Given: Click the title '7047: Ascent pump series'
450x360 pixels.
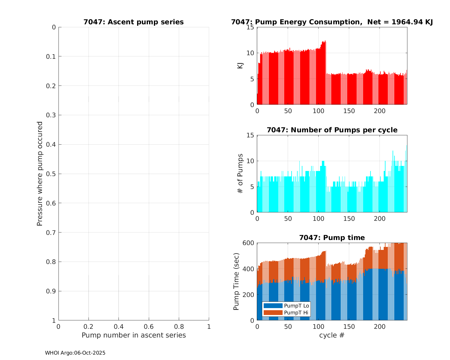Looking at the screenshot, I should click(133, 22).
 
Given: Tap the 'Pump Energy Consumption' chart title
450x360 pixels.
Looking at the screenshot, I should click(332, 22).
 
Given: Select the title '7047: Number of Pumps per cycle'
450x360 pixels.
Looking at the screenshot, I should click(332, 130).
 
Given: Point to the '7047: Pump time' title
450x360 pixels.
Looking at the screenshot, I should click(332, 238).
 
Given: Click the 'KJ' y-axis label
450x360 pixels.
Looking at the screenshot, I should click(240, 66).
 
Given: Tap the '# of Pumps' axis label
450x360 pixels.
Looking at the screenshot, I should click(240, 173).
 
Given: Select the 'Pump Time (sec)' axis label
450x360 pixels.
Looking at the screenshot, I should click(236, 281).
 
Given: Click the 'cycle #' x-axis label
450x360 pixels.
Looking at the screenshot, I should click(332, 335).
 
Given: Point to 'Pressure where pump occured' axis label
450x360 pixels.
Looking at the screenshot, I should click(40, 173).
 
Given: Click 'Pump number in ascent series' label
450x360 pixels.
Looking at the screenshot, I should click(133, 335).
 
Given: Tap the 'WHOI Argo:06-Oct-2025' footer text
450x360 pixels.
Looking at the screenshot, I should click(75, 353).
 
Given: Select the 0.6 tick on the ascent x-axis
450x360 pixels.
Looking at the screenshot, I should click(149, 326).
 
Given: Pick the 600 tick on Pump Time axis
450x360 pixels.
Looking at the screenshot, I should click(249, 243).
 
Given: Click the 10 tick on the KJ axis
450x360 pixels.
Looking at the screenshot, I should click(251, 53).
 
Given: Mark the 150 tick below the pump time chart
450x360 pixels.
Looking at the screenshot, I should click(349, 326).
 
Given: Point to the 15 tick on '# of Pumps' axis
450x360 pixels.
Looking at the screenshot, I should click(251, 135).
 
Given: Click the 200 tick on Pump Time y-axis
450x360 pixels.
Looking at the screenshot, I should click(249, 295).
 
